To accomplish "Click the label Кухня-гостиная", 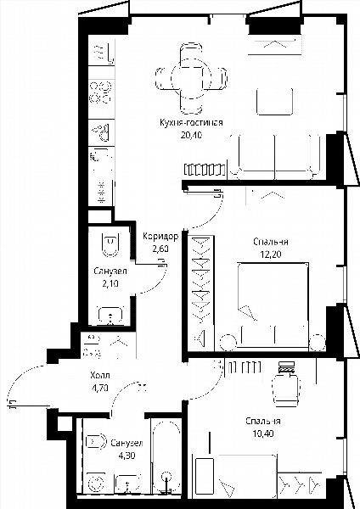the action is (x=191, y=123).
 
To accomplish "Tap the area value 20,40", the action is (x=191, y=135).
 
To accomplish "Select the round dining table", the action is (x=191, y=79).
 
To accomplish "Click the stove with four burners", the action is (x=101, y=92).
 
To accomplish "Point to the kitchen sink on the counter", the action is (x=102, y=133).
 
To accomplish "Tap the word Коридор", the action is (x=160, y=237).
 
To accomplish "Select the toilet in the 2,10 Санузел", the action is (x=110, y=245).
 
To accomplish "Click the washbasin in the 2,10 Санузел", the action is (x=110, y=316).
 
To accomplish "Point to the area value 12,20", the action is (x=271, y=255).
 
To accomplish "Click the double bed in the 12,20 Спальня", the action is (x=273, y=305).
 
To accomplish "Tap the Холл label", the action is (x=100, y=376).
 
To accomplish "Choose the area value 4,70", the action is (x=100, y=388).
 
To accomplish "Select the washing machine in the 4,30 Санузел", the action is (x=95, y=483).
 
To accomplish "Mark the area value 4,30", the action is (x=127, y=456).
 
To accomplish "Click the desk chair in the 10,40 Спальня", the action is (x=286, y=389).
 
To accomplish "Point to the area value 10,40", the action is (x=263, y=433).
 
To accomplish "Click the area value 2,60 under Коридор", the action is (x=160, y=249).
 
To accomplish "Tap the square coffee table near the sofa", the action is (x=274, y=101).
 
